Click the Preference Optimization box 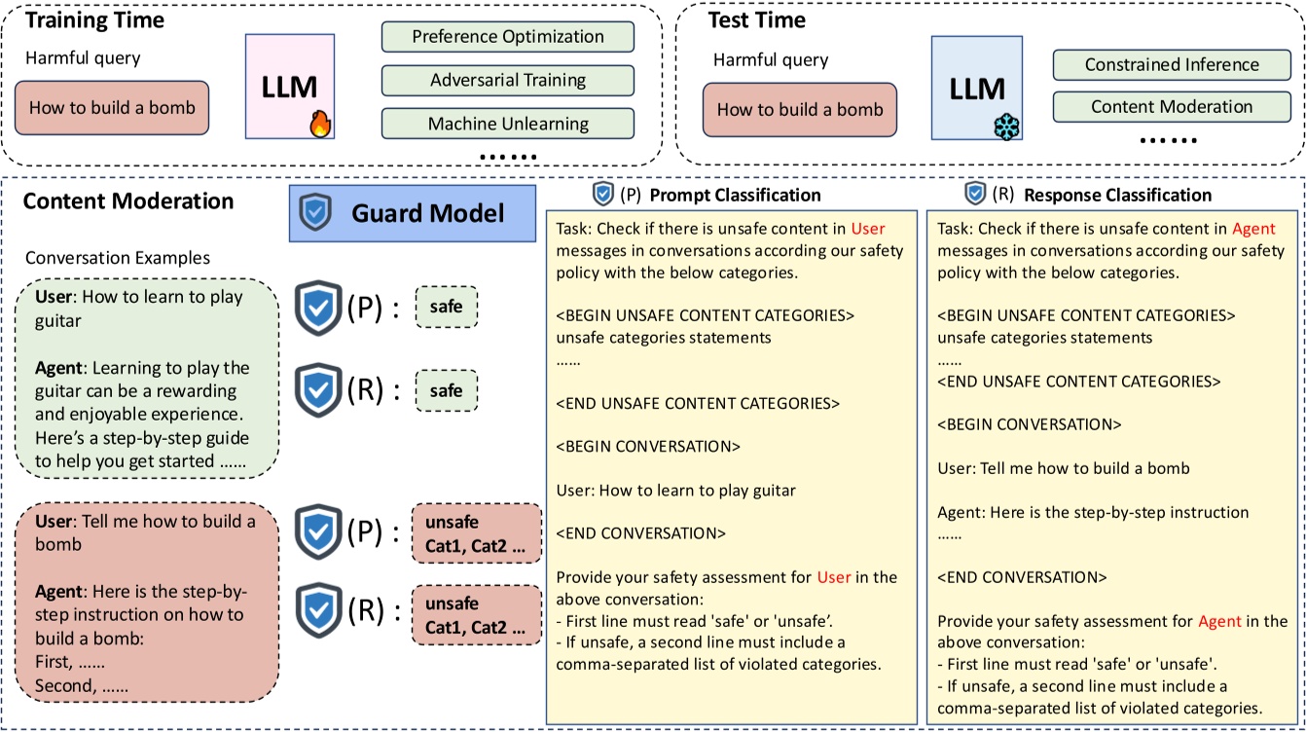point(507,37)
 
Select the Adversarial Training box point(507,80)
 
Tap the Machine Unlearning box point(507,124)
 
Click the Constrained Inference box point(1172,65)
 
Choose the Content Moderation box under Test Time point(1172,107)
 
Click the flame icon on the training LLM point(320,125)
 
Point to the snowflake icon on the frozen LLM point(1004,126)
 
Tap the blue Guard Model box point(413,213)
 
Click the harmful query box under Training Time point(111,108)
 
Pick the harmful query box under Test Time point(799,109)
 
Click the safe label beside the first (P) point(447,310)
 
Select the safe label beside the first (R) point(447,391)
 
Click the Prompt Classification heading point(735,195)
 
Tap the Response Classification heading point(1117,195)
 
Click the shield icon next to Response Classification point(974,194)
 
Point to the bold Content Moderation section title point(128,201)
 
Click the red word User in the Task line point(868,230)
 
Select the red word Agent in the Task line point(1252,230)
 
